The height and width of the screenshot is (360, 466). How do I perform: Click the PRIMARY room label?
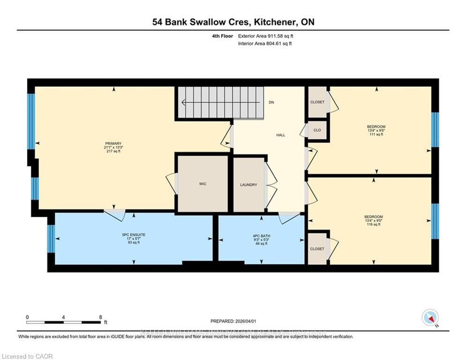click(x=114, y=143)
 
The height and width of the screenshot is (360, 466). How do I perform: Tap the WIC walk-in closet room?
click(x=202, y=184)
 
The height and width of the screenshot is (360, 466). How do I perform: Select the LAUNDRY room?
click(x=249, y=185)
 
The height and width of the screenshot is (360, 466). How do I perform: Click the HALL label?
click(x=281, y=135)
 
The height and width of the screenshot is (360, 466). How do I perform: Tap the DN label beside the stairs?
click(x=271, y=102)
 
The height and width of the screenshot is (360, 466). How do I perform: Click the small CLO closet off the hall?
click(x=317, y=130)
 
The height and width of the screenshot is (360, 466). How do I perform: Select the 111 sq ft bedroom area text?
click(x=376, y=135)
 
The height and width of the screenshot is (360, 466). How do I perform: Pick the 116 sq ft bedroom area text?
click(x=374, y=225)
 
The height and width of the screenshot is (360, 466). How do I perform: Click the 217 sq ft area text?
click(x=114, y=151)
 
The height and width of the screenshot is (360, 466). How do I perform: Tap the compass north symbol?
click(x=430, y=317)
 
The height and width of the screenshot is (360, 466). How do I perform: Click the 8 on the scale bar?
click(x=101, y=317)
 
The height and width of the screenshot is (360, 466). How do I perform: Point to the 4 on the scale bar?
click(x=63, y=317)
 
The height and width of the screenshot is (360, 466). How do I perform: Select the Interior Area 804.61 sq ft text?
click(x=265, y=44)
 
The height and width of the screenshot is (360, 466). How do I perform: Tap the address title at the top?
click(x=233, y=22)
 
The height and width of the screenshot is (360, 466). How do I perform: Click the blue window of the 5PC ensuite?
click(x=51, y=239)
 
